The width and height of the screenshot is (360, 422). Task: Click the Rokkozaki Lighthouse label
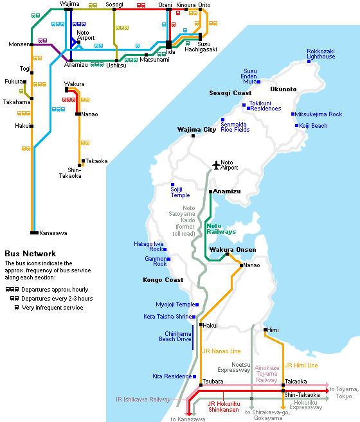tap(321, 54)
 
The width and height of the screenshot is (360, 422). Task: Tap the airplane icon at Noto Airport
tap(216, 165)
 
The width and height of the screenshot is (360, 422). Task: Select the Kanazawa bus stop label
tap(53, 233)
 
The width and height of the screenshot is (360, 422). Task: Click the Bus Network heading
tap(30, 254)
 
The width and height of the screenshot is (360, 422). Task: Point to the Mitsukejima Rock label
tap(318, 114)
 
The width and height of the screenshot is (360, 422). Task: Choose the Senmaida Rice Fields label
tap(235, 127)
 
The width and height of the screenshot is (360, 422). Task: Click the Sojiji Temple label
tap(180, 192)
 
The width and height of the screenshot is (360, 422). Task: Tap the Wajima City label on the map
tap(197, 130)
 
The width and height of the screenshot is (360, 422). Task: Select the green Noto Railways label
tap(221, 229)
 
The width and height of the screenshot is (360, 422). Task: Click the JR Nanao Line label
tap(222, 351)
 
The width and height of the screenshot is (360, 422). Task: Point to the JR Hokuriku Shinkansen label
tap(224, 407)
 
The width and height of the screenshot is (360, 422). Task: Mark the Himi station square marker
tap(265, 330)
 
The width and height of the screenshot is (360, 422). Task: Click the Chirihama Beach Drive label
tap(175, 337)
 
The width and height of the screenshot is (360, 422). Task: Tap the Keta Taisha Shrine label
tap(168, 317)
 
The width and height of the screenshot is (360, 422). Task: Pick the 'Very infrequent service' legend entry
tap(52, 308)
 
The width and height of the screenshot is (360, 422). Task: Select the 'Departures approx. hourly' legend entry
tap(55, 290)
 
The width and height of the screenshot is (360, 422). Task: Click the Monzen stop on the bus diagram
tap(32, 45)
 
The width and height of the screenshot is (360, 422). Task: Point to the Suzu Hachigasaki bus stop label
tap(201, 47)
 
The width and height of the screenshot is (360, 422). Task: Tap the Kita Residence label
tap(172, 376)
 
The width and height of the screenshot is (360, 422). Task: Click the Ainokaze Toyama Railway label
tap(267, 374)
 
